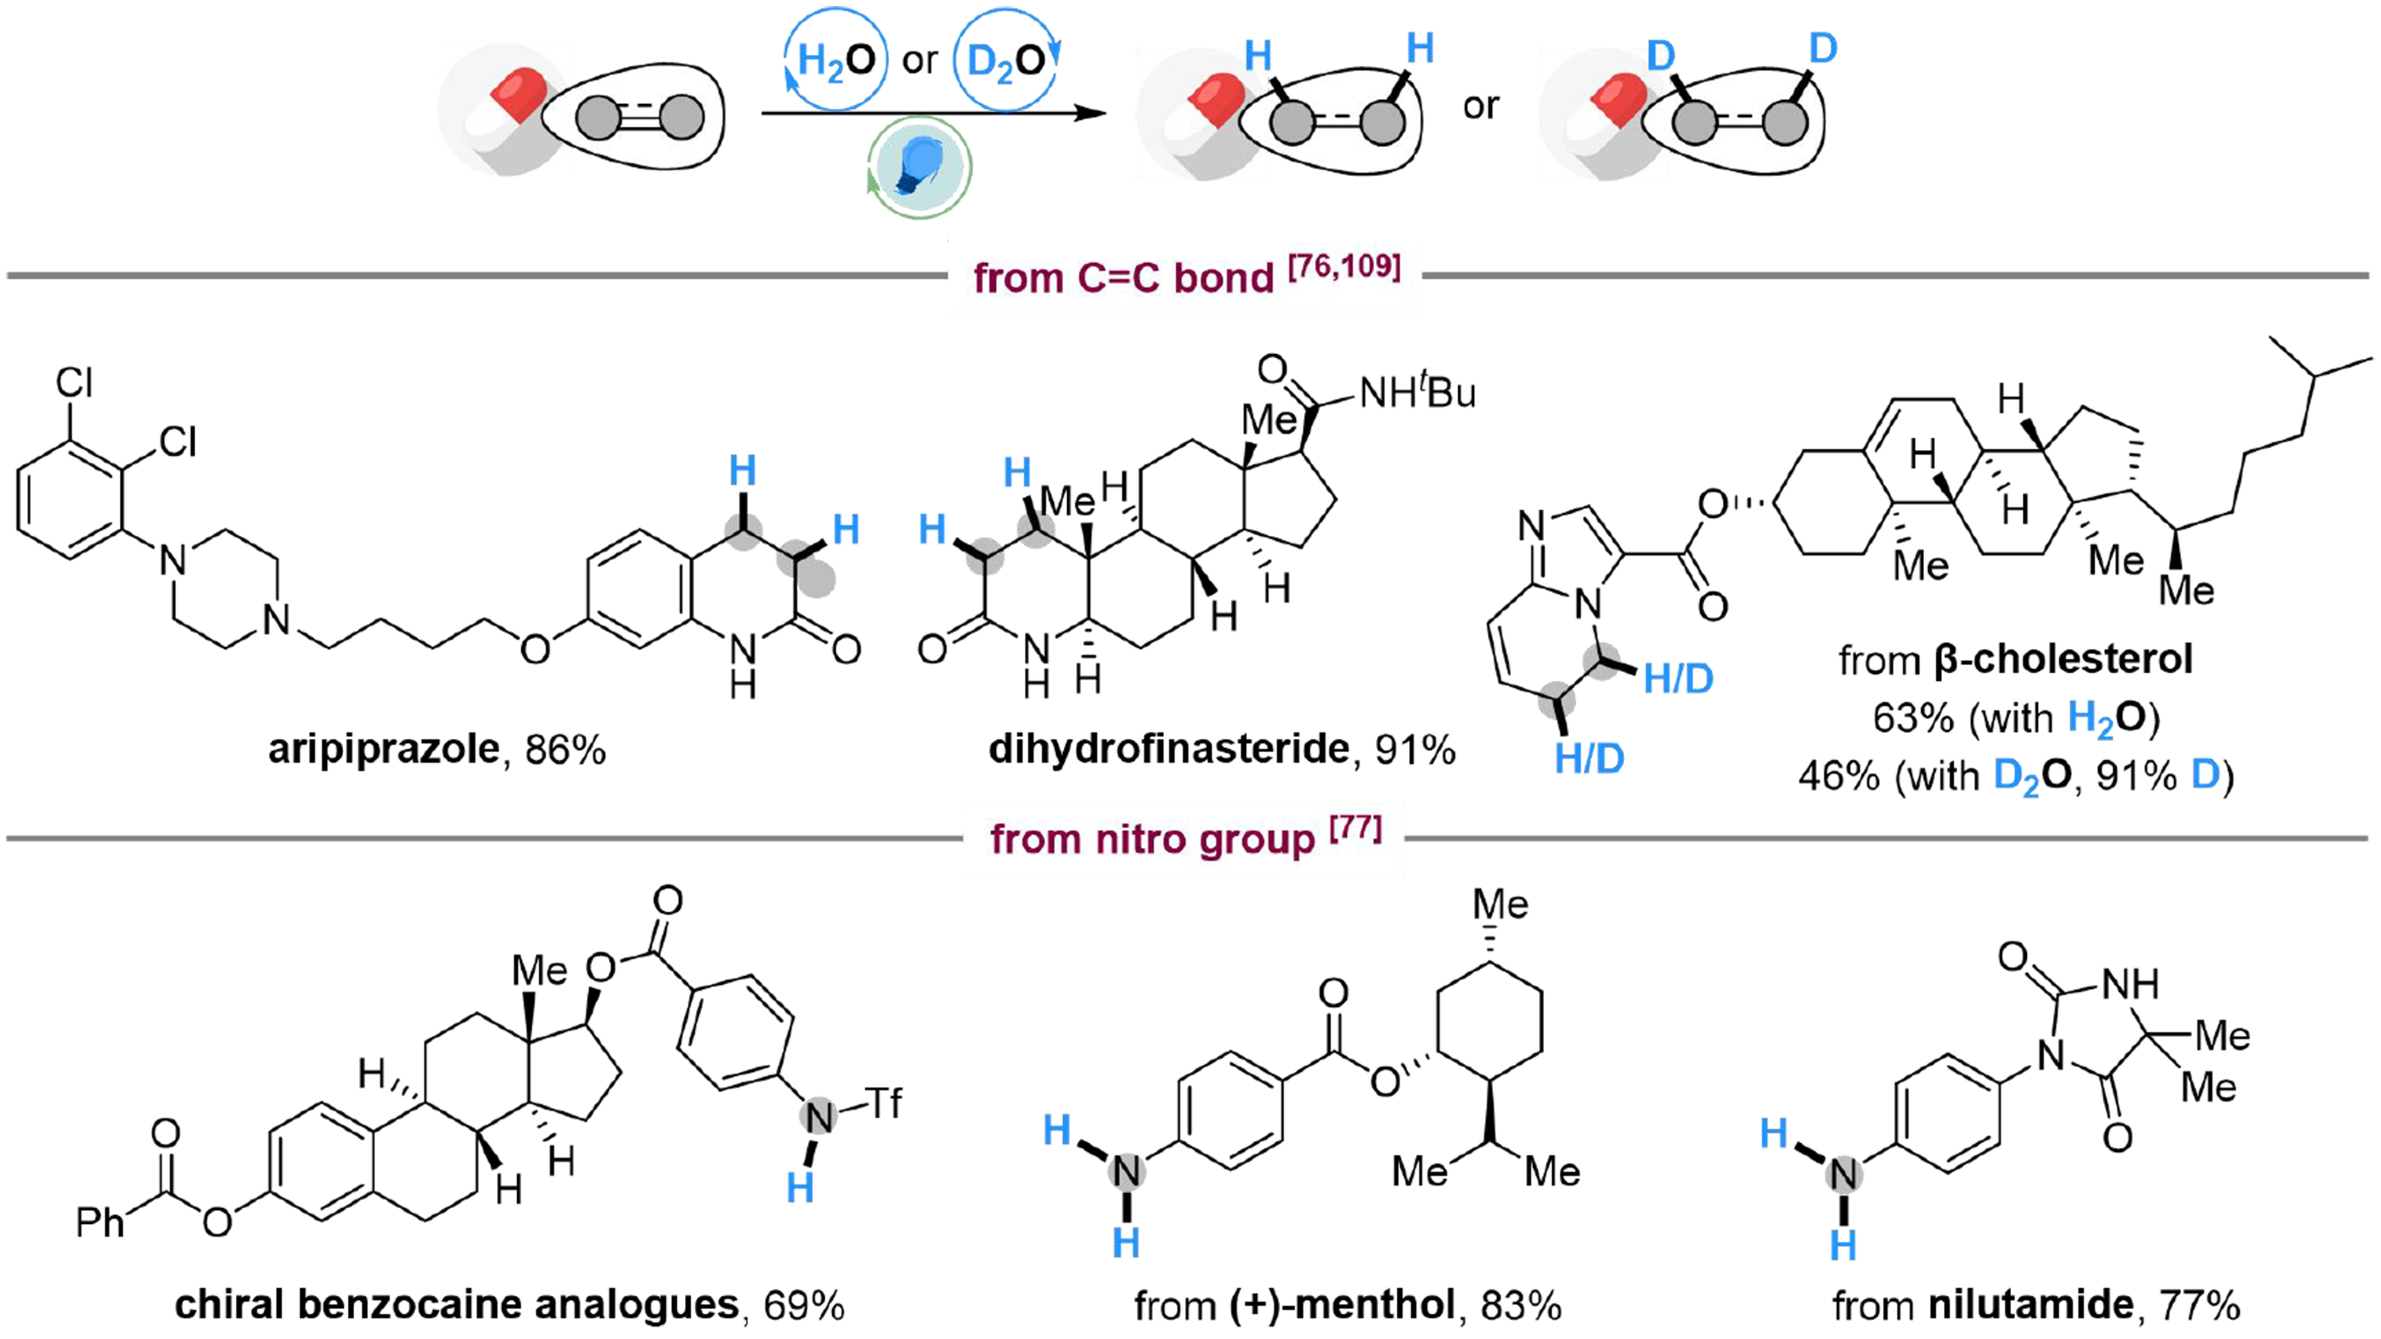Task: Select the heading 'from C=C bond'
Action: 1123,277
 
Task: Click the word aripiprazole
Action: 384,749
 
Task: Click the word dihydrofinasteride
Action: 1168,749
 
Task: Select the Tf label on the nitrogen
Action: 884,1102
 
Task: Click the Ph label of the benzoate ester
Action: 100,1223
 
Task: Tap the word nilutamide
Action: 2031,1305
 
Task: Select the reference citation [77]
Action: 1356,829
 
